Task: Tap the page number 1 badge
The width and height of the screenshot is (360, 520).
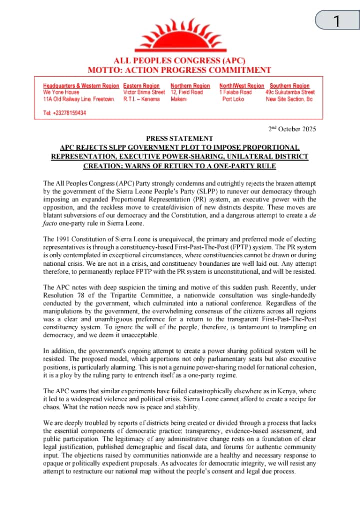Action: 337,21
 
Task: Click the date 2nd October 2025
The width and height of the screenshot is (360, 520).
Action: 292,129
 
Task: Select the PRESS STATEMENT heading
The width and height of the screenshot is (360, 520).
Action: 179,138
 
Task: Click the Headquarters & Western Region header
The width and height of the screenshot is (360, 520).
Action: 81,86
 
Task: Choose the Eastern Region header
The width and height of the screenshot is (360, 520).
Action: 141,86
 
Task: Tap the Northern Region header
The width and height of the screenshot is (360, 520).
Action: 190,86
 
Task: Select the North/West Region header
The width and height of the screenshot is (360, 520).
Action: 241,86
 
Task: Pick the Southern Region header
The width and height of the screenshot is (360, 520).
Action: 290,86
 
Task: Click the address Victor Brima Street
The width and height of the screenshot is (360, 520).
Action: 144,92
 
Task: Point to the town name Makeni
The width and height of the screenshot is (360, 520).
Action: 179,99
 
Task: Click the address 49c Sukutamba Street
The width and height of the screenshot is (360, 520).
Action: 290,92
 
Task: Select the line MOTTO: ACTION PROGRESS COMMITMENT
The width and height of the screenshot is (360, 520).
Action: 179,70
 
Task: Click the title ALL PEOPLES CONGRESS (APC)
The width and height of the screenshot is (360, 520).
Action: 179,61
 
